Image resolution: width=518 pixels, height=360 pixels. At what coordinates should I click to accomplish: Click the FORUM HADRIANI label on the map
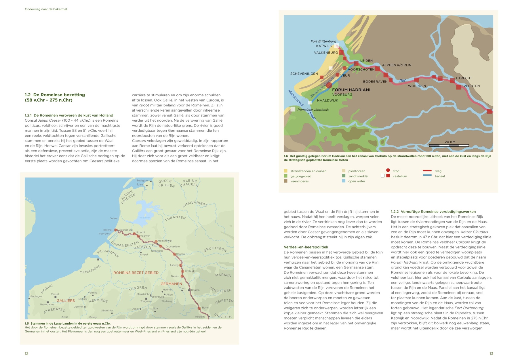tap(351, 90)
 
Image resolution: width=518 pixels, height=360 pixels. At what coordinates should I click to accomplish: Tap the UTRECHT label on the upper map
tap(464, 78)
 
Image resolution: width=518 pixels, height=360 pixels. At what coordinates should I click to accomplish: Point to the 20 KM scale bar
tap(449, 145)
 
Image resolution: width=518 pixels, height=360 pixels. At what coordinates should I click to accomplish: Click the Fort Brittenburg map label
tap(323, 41)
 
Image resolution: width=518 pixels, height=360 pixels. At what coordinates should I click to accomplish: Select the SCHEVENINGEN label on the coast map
tap(304, 74)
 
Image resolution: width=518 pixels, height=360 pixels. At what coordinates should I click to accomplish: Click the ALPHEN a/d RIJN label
tap(397, 65)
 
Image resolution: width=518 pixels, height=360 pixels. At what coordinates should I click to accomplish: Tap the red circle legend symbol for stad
tap(388, 171)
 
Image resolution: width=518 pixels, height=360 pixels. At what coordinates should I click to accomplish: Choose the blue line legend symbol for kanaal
tap(427, 175)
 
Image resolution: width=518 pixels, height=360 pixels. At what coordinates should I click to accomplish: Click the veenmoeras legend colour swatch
tap(285, 181)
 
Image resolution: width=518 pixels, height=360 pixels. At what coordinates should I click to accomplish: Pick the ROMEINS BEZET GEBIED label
tap(136, 273)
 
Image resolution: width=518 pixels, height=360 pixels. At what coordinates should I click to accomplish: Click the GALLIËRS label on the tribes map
tap(66, 301)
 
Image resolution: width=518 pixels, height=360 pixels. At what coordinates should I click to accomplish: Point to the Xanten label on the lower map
tap(180, 254)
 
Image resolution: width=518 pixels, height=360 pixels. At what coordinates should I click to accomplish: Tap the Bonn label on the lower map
tap(205, 308)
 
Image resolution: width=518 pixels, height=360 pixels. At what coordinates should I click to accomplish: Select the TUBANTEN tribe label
tap(175, 219)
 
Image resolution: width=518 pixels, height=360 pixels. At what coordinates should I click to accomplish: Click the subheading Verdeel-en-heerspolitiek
tap(306, 247)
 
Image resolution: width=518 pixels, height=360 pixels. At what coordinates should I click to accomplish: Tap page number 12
tap(26, 354)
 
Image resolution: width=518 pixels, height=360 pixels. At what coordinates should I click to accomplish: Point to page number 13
tap(491, 354)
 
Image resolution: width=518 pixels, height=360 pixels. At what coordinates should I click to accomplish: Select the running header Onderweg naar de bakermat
tap(46, 9)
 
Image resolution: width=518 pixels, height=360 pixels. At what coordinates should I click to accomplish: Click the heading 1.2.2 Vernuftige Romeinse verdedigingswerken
tap(433, 212)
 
